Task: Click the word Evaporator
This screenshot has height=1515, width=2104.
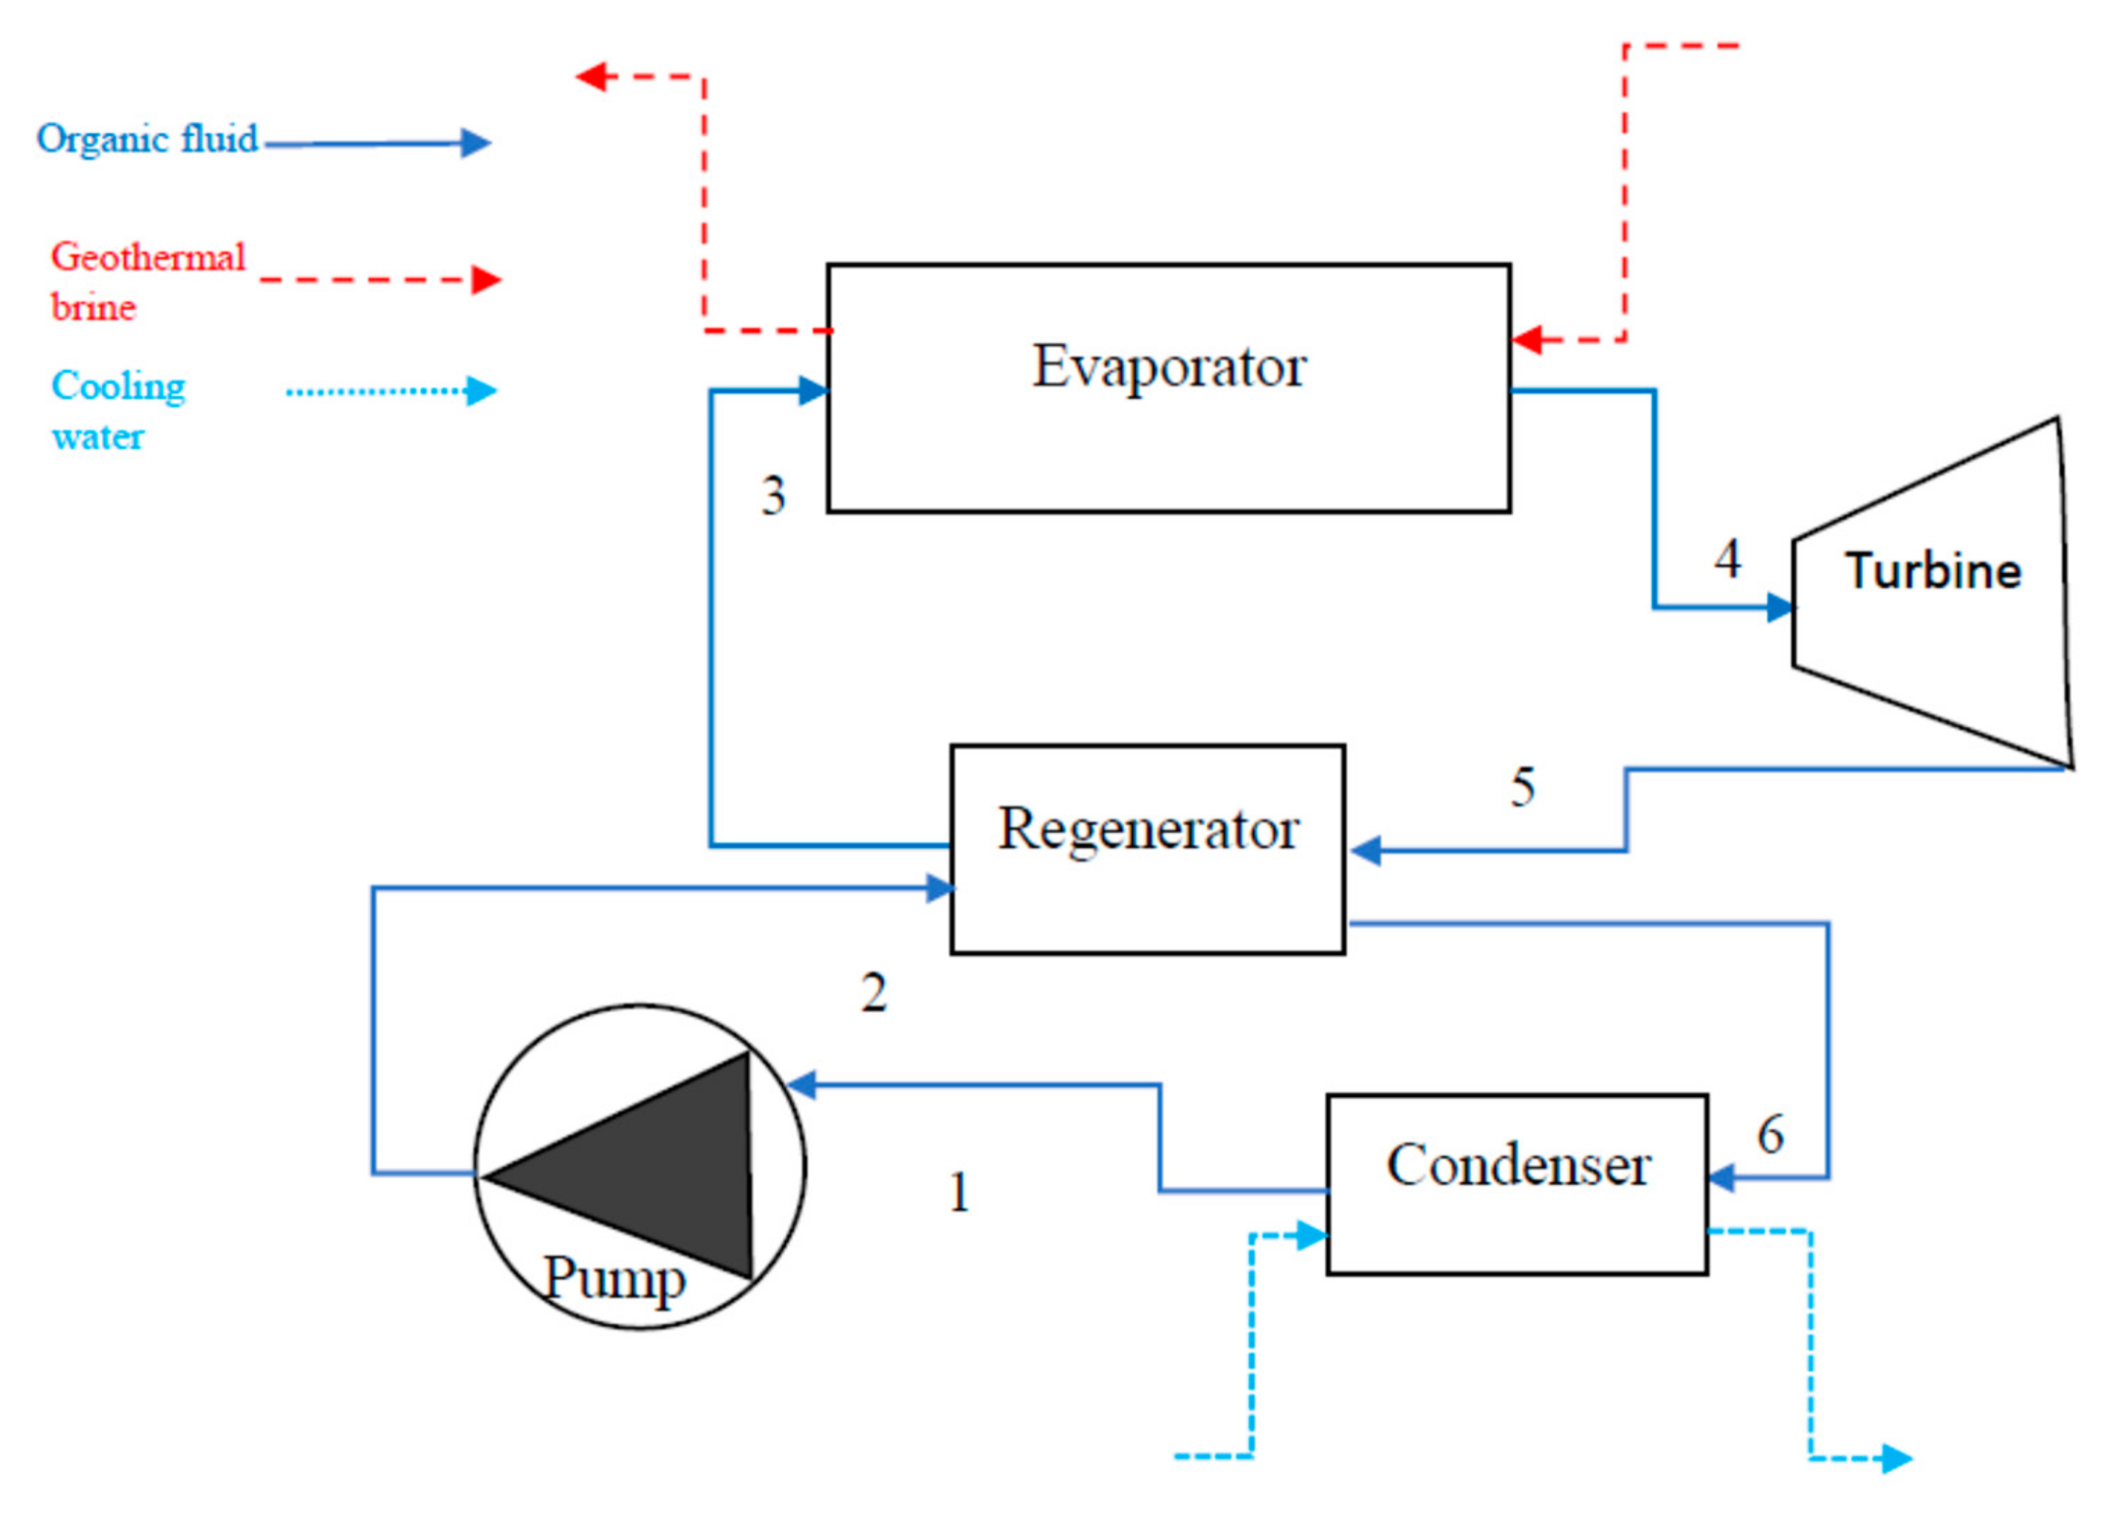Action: pyautogui.click(x=1169, y=367)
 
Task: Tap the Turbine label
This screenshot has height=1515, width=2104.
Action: pyautogui.click(x=1933, y=570)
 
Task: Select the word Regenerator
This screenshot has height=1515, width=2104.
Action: pyautogui.click(x=1148, y=829)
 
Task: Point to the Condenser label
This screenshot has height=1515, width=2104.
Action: pyautogui.click(x=1518, y=1165)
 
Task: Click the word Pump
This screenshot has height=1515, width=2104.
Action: pyautogui.click(x=614, y=1280)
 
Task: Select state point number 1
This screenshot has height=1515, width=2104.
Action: pyautogui.click(x=959, y=1192)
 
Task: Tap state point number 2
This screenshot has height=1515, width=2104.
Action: pyautogui.click(x=874, y=993)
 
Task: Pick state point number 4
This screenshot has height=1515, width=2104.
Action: pyautogui.click(x=1727, y=558)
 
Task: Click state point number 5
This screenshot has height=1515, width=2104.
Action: pyautogui.click(x=1522, y=787)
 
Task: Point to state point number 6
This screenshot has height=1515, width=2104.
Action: pyautogui.click(x=1770, y=1134)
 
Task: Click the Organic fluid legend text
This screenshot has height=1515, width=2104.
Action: pyautogui.click(x=146, y=139)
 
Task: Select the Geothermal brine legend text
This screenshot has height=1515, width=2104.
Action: pyautogui.click(x=146, y=281)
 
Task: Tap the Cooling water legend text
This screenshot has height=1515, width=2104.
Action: pyautogui.click(x=118, y=410)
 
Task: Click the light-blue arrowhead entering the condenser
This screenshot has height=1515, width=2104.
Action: pyautogui.click(x=1312, y=1236)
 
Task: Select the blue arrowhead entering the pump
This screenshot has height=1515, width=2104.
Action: pyautogui.click(x=801, y=1084)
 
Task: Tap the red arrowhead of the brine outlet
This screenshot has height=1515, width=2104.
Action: pyautogui.click(x=591, y=76)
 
